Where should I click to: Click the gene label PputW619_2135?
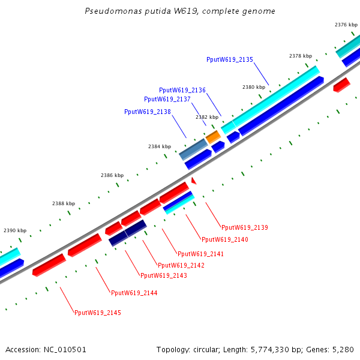click(230, 59)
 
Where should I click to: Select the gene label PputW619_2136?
click(182, 90)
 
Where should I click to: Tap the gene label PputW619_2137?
click(167, 99)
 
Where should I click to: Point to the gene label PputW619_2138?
click(148, 112)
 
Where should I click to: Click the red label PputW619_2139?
click(244, 227)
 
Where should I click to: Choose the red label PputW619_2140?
click(224, 239)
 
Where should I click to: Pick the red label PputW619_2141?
click(200, 254)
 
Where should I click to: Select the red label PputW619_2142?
click(181, 265)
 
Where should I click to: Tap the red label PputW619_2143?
click(163, 275)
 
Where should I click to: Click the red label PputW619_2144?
click(134, 293)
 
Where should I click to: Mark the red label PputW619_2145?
click(97, 313)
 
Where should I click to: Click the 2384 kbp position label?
click(160, 146)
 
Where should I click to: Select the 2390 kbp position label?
click(15, 230)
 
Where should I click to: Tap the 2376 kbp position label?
click(346, 25)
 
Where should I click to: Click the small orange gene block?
click(213, 137)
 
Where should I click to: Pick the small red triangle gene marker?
click(193, 180)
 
